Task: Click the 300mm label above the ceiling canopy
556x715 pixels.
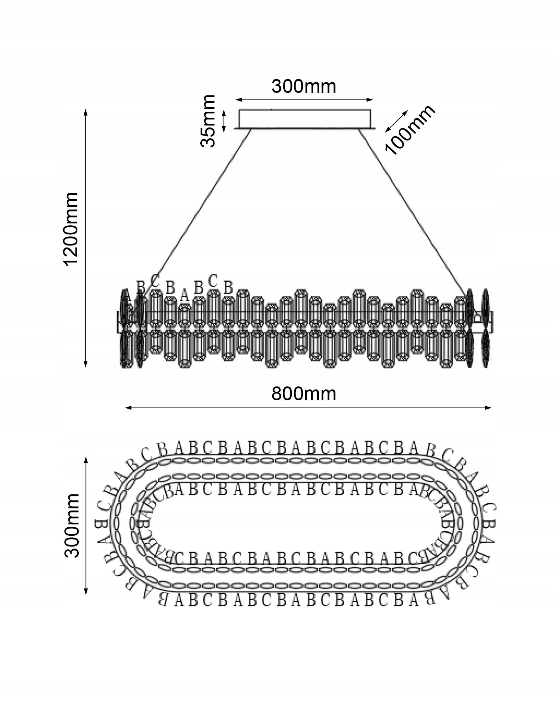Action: click(x=304, y=86)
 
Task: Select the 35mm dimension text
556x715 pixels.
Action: click(x=207, y=121)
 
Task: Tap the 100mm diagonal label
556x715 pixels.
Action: click(x=409, y=130)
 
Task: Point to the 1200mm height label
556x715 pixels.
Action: click(x=71, y=229)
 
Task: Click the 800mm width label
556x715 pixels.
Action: click(x=304, y=393)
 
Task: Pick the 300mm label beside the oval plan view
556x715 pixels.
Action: click(x=71, y=526)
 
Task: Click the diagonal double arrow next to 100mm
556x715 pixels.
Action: click(x=397, y=121)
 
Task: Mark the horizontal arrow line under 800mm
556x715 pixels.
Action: click(x=308, y=408)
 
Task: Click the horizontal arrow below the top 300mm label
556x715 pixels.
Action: click(x=304, y=100)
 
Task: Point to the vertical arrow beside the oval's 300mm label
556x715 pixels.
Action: click(x=86, y=525)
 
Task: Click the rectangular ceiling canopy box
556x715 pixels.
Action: click(x=305, y=118)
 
